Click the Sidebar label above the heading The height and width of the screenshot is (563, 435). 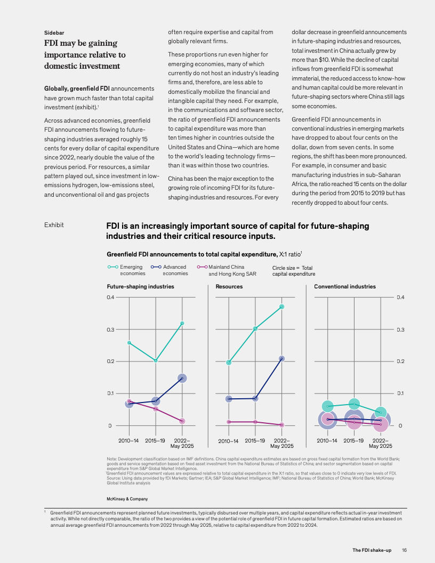coord(54,33)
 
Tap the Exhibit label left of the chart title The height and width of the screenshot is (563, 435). coord(54,225)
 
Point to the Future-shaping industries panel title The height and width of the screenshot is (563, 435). coord(140,287)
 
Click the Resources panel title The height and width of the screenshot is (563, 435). coord(229,287)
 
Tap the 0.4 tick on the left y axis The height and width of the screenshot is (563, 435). coord(111,297)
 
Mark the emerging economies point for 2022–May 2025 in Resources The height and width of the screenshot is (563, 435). coord(281,307)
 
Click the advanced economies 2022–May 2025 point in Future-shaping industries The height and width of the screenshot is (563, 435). coord(182,379)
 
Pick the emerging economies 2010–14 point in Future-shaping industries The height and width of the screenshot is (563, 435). coord(129,343)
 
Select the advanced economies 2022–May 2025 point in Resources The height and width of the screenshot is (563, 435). coord(281,359)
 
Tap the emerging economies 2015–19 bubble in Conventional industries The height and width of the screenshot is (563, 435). coord(354,404)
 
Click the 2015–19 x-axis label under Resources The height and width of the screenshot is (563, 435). coord(255,441)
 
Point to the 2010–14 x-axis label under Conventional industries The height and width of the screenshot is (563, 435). coord(327,441)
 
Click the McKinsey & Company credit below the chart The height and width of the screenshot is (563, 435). coord(127,499)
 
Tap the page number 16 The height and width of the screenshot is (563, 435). coord(405,550)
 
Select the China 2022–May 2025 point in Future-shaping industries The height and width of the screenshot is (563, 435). coord(182,421)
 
